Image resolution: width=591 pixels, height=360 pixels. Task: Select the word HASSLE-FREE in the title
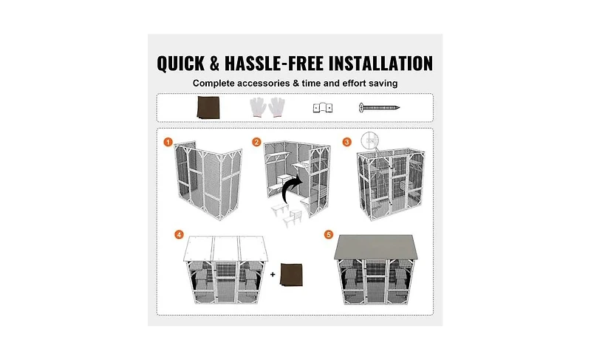pos(278,63)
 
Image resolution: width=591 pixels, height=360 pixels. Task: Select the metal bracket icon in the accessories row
pos(319,107)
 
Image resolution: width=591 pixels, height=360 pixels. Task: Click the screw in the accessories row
pos(378,107)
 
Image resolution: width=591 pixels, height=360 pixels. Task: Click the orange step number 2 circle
pos(256,141)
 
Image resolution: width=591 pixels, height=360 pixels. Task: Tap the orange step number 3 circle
pos(346,141)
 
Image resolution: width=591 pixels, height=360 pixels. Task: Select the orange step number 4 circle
pos(178,234)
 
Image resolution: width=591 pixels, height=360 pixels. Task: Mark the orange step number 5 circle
pos(329,234)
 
